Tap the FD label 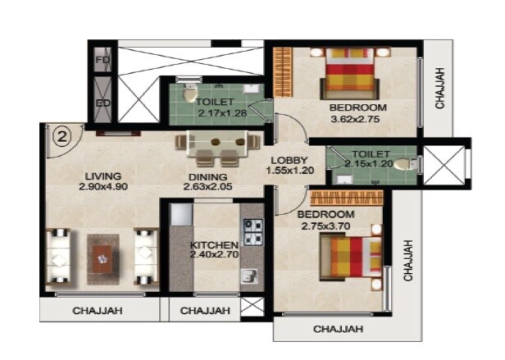(x=102, y=61)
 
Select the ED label (x=102, y=103)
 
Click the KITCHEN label (x=213, y=245)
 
